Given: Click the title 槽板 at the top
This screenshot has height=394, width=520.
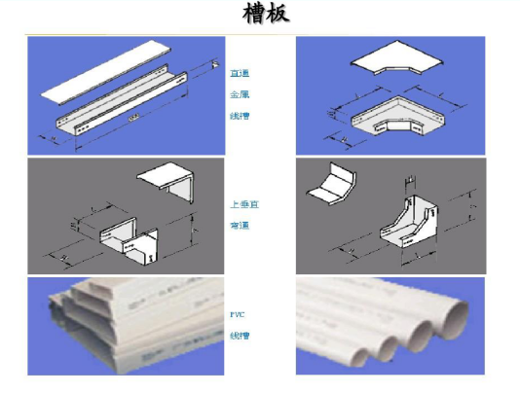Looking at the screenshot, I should point(264,15).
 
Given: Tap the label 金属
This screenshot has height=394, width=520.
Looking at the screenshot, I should point(239,94).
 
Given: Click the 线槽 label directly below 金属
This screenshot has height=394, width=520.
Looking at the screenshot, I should point(239,115).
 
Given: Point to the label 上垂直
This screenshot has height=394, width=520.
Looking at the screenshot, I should point(243,205).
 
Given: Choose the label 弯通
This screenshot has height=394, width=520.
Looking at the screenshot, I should point(239,225).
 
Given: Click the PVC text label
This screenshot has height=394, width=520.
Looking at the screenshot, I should point(238,315).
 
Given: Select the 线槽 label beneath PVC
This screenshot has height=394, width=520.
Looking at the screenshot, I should point(239,336).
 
